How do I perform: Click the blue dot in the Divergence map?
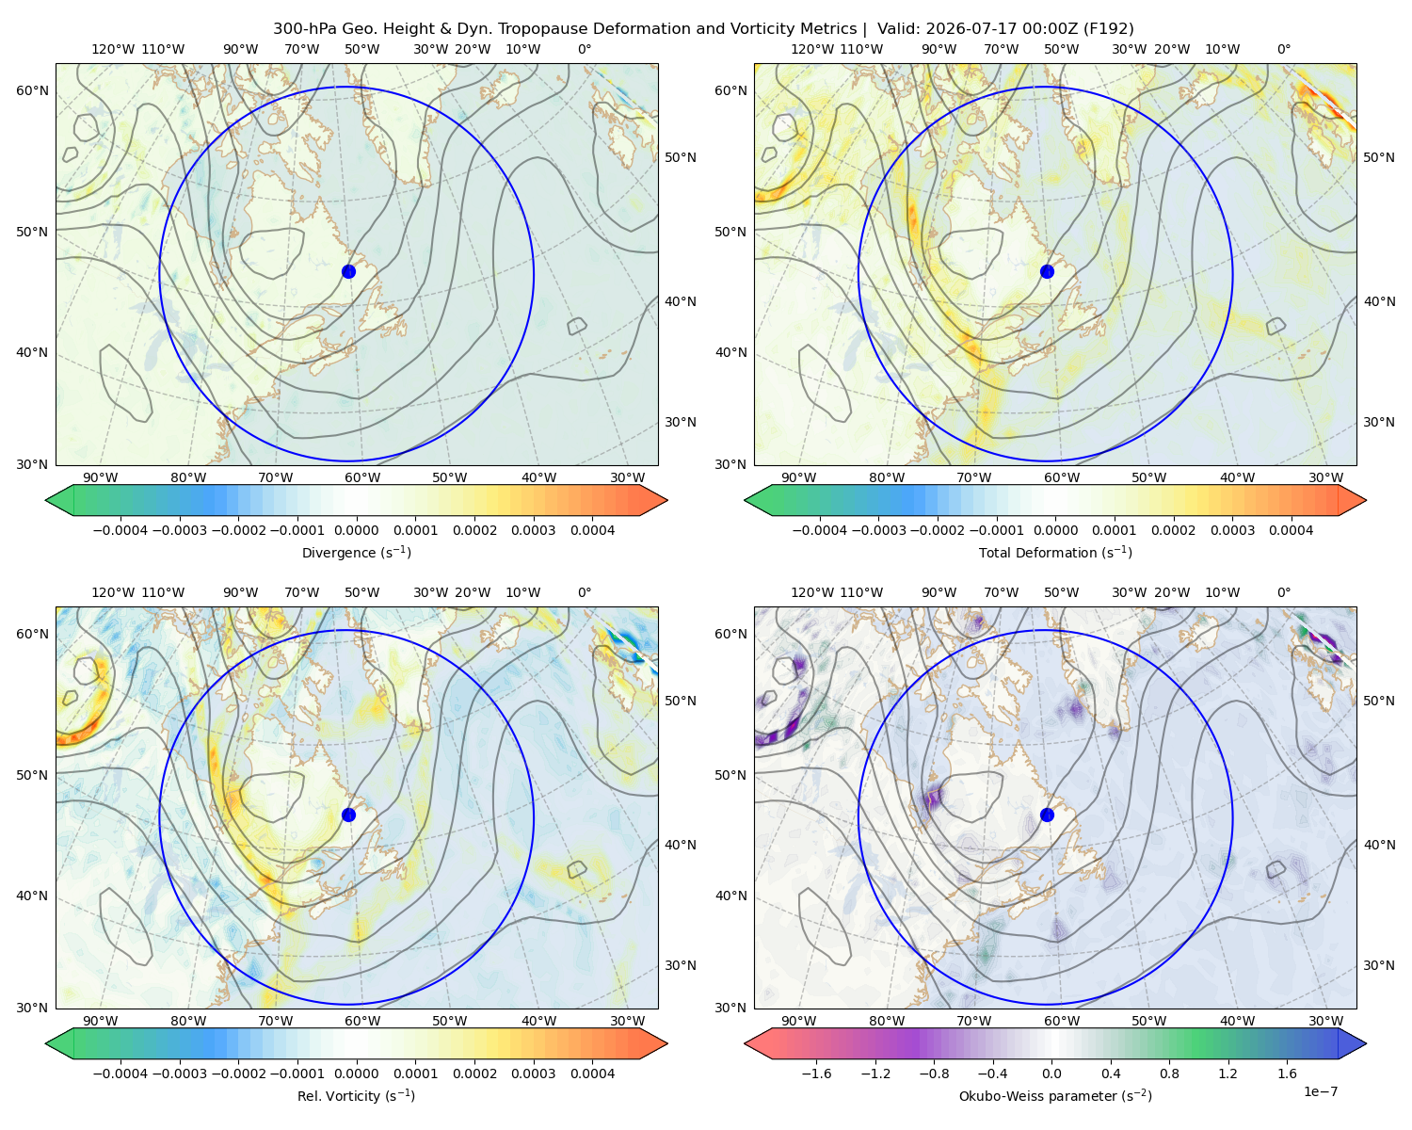click(348, 271)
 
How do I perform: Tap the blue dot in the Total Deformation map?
click(1047, 271)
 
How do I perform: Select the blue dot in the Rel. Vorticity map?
click(348, 815)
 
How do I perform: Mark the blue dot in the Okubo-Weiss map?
click(1047, 815)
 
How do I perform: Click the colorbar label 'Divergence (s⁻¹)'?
click(356, 552)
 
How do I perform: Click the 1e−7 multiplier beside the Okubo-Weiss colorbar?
click(1320, 1091)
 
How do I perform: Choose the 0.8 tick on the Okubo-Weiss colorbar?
click(1169, 1073)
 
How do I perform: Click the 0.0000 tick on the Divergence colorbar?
click(356, 530)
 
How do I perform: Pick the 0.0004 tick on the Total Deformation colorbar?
click(1291, 530)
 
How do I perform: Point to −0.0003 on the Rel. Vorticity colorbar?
click(179, 1073)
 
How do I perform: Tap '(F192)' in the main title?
click(1109, 29)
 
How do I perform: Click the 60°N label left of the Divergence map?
click(32, 90)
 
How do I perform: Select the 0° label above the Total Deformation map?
click(1283, 49)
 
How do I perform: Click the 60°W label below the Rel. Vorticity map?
click(362, 1021)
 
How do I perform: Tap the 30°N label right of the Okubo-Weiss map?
click(1378, 964)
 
